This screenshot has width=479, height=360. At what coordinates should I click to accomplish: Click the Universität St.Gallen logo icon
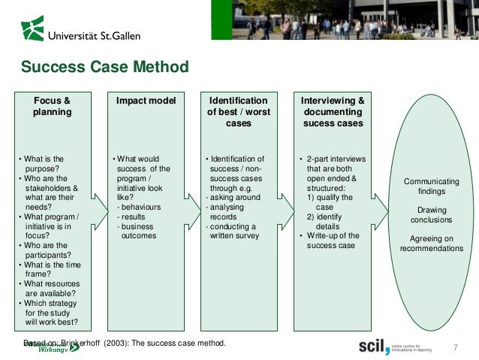pyautogui.click(x=32, y=28)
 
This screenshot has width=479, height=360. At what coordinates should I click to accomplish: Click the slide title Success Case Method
pyautogui.click(x=104, y=68)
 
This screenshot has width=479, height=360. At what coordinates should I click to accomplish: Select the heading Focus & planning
pyautogui.click(x=52, y=106)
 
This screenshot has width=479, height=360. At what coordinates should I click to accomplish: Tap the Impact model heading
pyautogui.click(x=146, y=101)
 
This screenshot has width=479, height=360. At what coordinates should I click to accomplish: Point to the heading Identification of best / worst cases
pyautogui.click(x=238, y=111)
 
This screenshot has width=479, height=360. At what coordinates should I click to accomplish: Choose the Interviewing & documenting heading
pyautogui.click(x=333, y=111)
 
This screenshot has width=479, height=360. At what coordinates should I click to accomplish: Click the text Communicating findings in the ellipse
pyautogui.click(x=432, y=187)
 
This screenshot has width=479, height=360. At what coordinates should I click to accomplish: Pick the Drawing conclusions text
pyautogui.click(x=432, y=215)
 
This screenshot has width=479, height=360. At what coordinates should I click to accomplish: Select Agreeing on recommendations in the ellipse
pyautogui.click(x=432, y=244)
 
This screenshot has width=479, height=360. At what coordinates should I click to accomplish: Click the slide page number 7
pyautogui.click(x=455, y=347)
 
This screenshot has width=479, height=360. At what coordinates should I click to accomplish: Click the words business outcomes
pyautogui.click(x=138, y=231)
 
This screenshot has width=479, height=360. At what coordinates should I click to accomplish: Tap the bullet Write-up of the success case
pyautogui.click(x=333, y=241)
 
